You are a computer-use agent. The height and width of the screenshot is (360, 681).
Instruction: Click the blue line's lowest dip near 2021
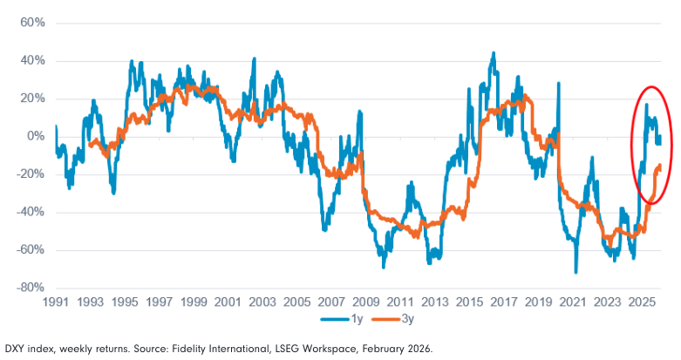[x=575, y=272]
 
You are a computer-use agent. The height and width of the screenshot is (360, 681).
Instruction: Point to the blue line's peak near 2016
[x=494, y=53]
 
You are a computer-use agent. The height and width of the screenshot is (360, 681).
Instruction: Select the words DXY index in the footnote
[x=25, y=348]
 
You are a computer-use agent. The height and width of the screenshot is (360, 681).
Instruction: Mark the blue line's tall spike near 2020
[x=558, y=84]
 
